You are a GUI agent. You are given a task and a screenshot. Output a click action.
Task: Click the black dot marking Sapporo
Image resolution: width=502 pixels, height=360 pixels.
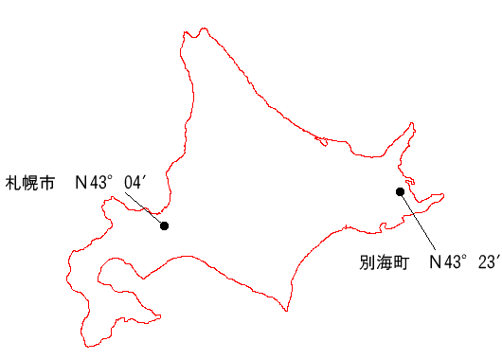pyautogui.click(x=164, y=225)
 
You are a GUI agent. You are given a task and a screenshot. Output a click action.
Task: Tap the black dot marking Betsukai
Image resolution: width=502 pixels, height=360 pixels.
pyautogui.click(x=400, y=191)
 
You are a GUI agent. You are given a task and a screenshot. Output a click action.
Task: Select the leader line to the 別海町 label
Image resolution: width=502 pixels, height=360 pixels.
pyautogui.click(x=418, y=221)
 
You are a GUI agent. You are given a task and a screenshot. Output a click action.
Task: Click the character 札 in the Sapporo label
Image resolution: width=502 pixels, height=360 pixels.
pyautogui.click(x=13, y=183)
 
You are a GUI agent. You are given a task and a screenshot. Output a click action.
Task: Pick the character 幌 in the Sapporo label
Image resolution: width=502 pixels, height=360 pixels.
pyautogui.click(x=30, y=183)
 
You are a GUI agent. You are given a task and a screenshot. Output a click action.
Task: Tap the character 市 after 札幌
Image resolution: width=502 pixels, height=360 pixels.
pyautogui.click(x=46, y=183)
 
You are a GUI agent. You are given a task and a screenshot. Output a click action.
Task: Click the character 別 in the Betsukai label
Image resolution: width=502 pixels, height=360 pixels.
pyautogui.click(x=367, y=262)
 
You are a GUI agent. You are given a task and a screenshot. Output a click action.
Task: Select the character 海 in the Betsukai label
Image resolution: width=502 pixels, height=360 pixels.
pyautogui.click(x=384, y=262)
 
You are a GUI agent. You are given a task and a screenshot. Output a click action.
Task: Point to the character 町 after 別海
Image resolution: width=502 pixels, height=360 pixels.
pyautogui.click(x=401, y=262)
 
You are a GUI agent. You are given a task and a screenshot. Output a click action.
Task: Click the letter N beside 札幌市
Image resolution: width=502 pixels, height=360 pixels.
pyautogui.click(x=81, y=183)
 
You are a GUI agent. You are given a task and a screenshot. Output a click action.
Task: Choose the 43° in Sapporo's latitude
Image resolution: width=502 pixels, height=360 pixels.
pyautogui.click(x=100, y=183)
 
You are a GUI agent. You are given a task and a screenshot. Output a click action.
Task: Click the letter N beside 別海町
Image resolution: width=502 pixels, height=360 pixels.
pyautogui.click(x=436, y=262)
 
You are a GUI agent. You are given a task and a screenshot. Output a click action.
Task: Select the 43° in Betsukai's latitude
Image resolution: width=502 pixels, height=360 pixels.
pyautogui.click(x=455, y=262)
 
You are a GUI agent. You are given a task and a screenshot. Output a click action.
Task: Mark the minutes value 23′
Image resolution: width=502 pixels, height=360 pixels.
pyautogui.click(x=489, y=262)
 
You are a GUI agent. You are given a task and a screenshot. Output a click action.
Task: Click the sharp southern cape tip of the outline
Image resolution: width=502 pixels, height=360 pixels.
pyautogui.click(x=287, y=311)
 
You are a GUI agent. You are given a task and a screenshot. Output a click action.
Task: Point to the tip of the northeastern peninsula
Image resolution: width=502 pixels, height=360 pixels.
pyautogui.click(x=412, y=123)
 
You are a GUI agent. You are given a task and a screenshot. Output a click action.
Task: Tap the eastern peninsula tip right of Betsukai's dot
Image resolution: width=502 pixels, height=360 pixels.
pyautogui.click(x=443, y=195)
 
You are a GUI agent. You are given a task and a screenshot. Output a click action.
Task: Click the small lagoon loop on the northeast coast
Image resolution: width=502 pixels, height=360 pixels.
pyautogui.click(x=322, y=141)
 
